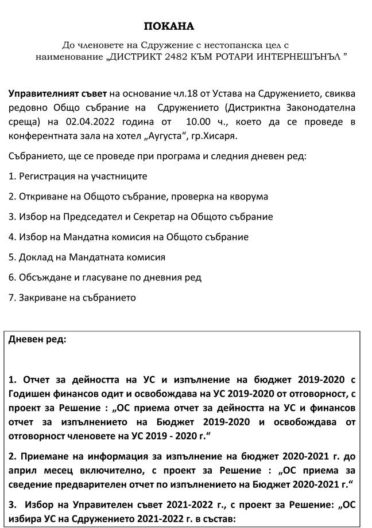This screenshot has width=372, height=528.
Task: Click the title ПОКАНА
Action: [x=169, y=26]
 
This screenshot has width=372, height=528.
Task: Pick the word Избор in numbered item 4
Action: [x=32, y=237]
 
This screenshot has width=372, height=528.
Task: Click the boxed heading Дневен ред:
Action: [x=37, y=339]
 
